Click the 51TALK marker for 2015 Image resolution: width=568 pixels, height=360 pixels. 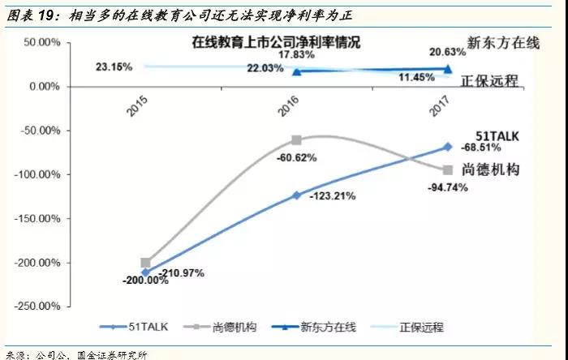(x=145, y=272)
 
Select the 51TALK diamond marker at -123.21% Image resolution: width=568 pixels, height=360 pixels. (x=296, y=195)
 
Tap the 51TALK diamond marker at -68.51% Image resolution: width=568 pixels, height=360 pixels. (x=447, y=147)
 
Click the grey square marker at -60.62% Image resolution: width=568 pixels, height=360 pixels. (x=296, y=140)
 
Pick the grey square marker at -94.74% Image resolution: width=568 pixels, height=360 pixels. (x=447, y=169)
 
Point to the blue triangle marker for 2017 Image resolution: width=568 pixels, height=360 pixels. (x=447, y=69)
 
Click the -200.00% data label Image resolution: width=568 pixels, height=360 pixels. (x=145, y=281)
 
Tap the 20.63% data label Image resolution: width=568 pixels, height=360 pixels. (x=448, y=51)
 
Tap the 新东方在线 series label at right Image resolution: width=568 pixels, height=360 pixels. (x=503, y=44)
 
